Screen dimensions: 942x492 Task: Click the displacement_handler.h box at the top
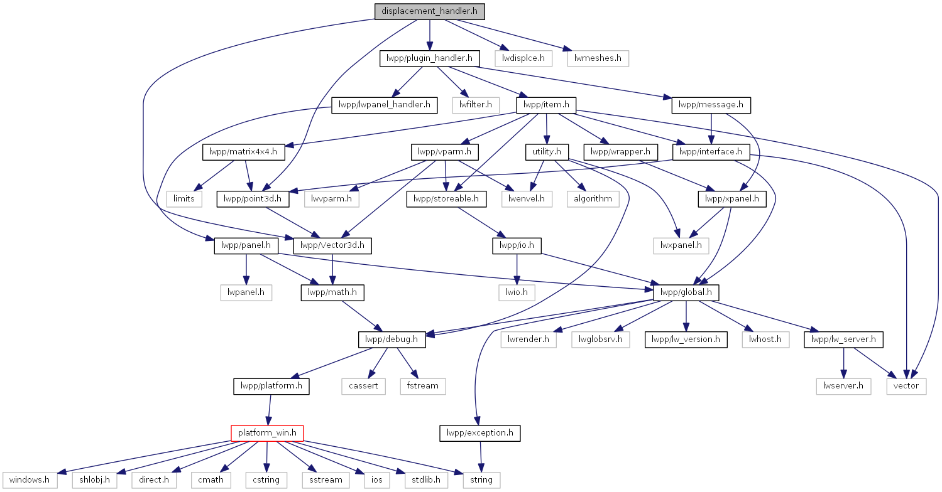[x=429, y=11]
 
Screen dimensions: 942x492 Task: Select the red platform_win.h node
[x=267, y=433]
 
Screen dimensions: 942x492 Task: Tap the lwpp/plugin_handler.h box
[x=429, y=58]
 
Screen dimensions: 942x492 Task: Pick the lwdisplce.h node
[x=523, y=58]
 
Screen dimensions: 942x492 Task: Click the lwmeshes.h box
[x=598, y=58]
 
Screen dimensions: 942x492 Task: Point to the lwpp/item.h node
[x=546, y=105]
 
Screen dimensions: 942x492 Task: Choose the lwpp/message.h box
[x=711, y=105]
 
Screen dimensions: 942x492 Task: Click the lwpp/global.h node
[x=686, y=292]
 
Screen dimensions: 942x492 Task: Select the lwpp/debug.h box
[x=392, y=340]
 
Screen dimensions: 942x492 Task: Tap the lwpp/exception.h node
[x=480, y=433]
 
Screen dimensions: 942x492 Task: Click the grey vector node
[x=906, y=386]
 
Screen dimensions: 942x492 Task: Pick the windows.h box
[x=30, y=480]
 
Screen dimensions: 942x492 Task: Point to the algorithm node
[x=593, y=199]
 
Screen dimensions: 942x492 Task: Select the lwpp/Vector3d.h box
[x=332, y=245]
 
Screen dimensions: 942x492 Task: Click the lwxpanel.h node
[x=681, y=245]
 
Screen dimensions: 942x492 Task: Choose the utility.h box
[x=547, y=152]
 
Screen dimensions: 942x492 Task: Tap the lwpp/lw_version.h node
[x=686, y=340]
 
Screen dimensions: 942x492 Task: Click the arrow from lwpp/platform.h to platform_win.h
[x=269, y=410]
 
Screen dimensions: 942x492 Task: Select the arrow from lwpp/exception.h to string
[x=481, y=457]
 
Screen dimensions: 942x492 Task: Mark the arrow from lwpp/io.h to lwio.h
[x=517, y=269]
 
